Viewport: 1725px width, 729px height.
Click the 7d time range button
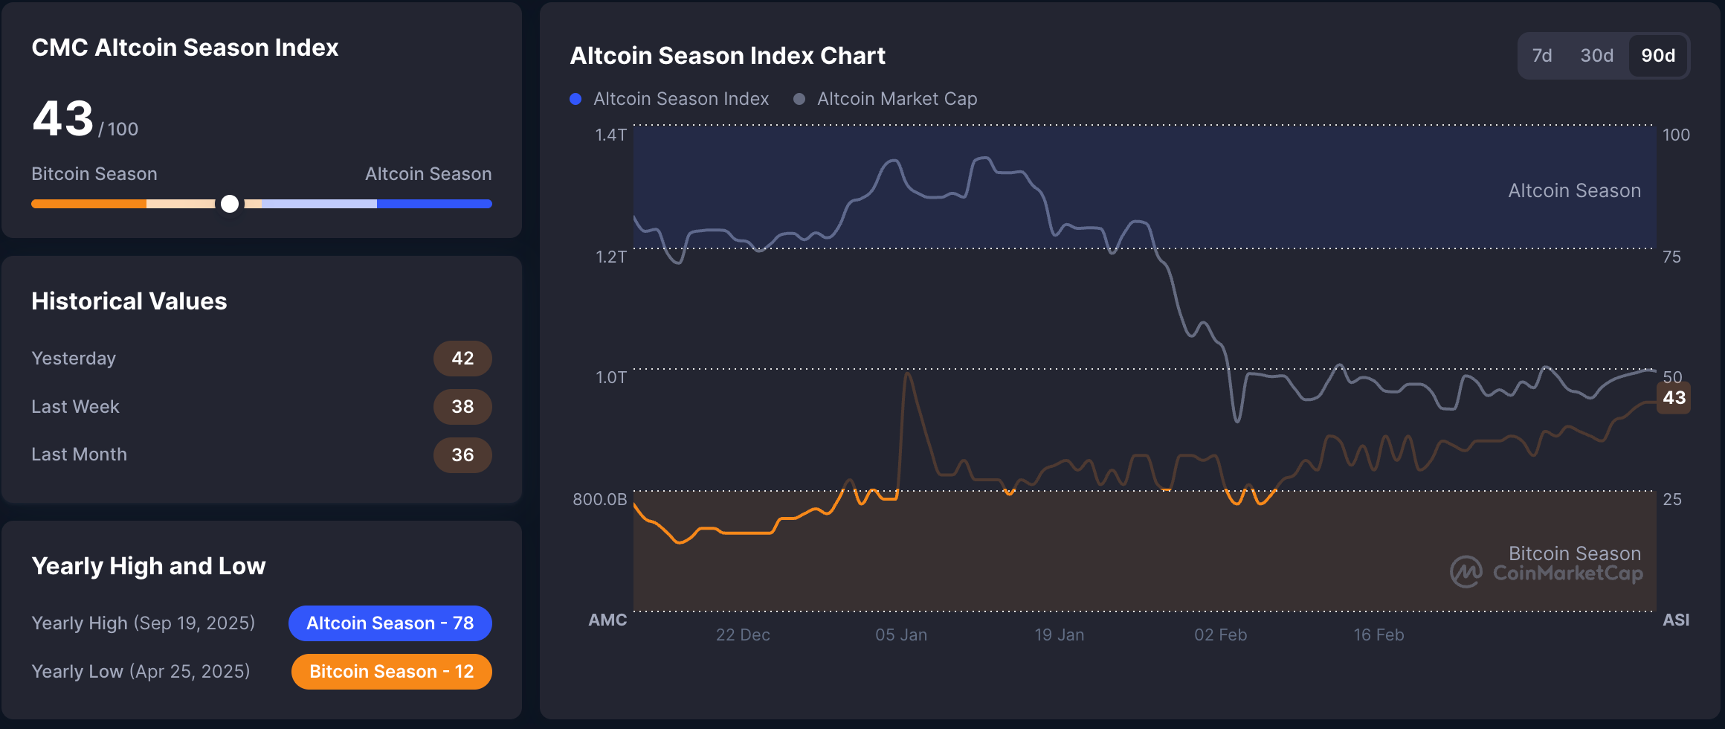[x=1542, y=56]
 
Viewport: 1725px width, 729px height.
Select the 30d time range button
[x=1596, y=56]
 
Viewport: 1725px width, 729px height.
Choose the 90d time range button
[x=1658, y=56]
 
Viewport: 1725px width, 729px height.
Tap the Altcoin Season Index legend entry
[x=671, y=99]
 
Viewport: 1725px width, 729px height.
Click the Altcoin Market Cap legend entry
[x=886, y=99]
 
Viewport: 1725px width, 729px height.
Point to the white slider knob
[x=230, y=204]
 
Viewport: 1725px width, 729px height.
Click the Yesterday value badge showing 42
[x=462, y=359]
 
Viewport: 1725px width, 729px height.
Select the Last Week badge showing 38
[x=462, y=407]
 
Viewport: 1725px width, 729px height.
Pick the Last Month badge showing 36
[x=462, y=455]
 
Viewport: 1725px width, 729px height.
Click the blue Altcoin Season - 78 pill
[x=390, y=623]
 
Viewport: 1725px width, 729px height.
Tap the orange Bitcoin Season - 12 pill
[x=391, y=672]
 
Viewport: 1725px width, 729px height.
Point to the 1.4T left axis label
[x=610, y=135]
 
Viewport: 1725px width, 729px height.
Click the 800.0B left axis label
[x=599, y=499]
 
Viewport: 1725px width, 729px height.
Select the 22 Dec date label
[x=743, y=635]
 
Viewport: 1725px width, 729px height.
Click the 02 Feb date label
[x=1220, y=635]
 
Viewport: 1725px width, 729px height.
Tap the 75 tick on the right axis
[x=1671, y=257]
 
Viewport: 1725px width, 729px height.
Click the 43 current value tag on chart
[x=1674, y=398]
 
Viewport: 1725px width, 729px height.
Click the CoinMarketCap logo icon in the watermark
[x=1466, y=572]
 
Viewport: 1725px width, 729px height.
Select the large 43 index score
[x=63, y=119]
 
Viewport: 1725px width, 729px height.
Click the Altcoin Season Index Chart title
[x=727, y=56]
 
